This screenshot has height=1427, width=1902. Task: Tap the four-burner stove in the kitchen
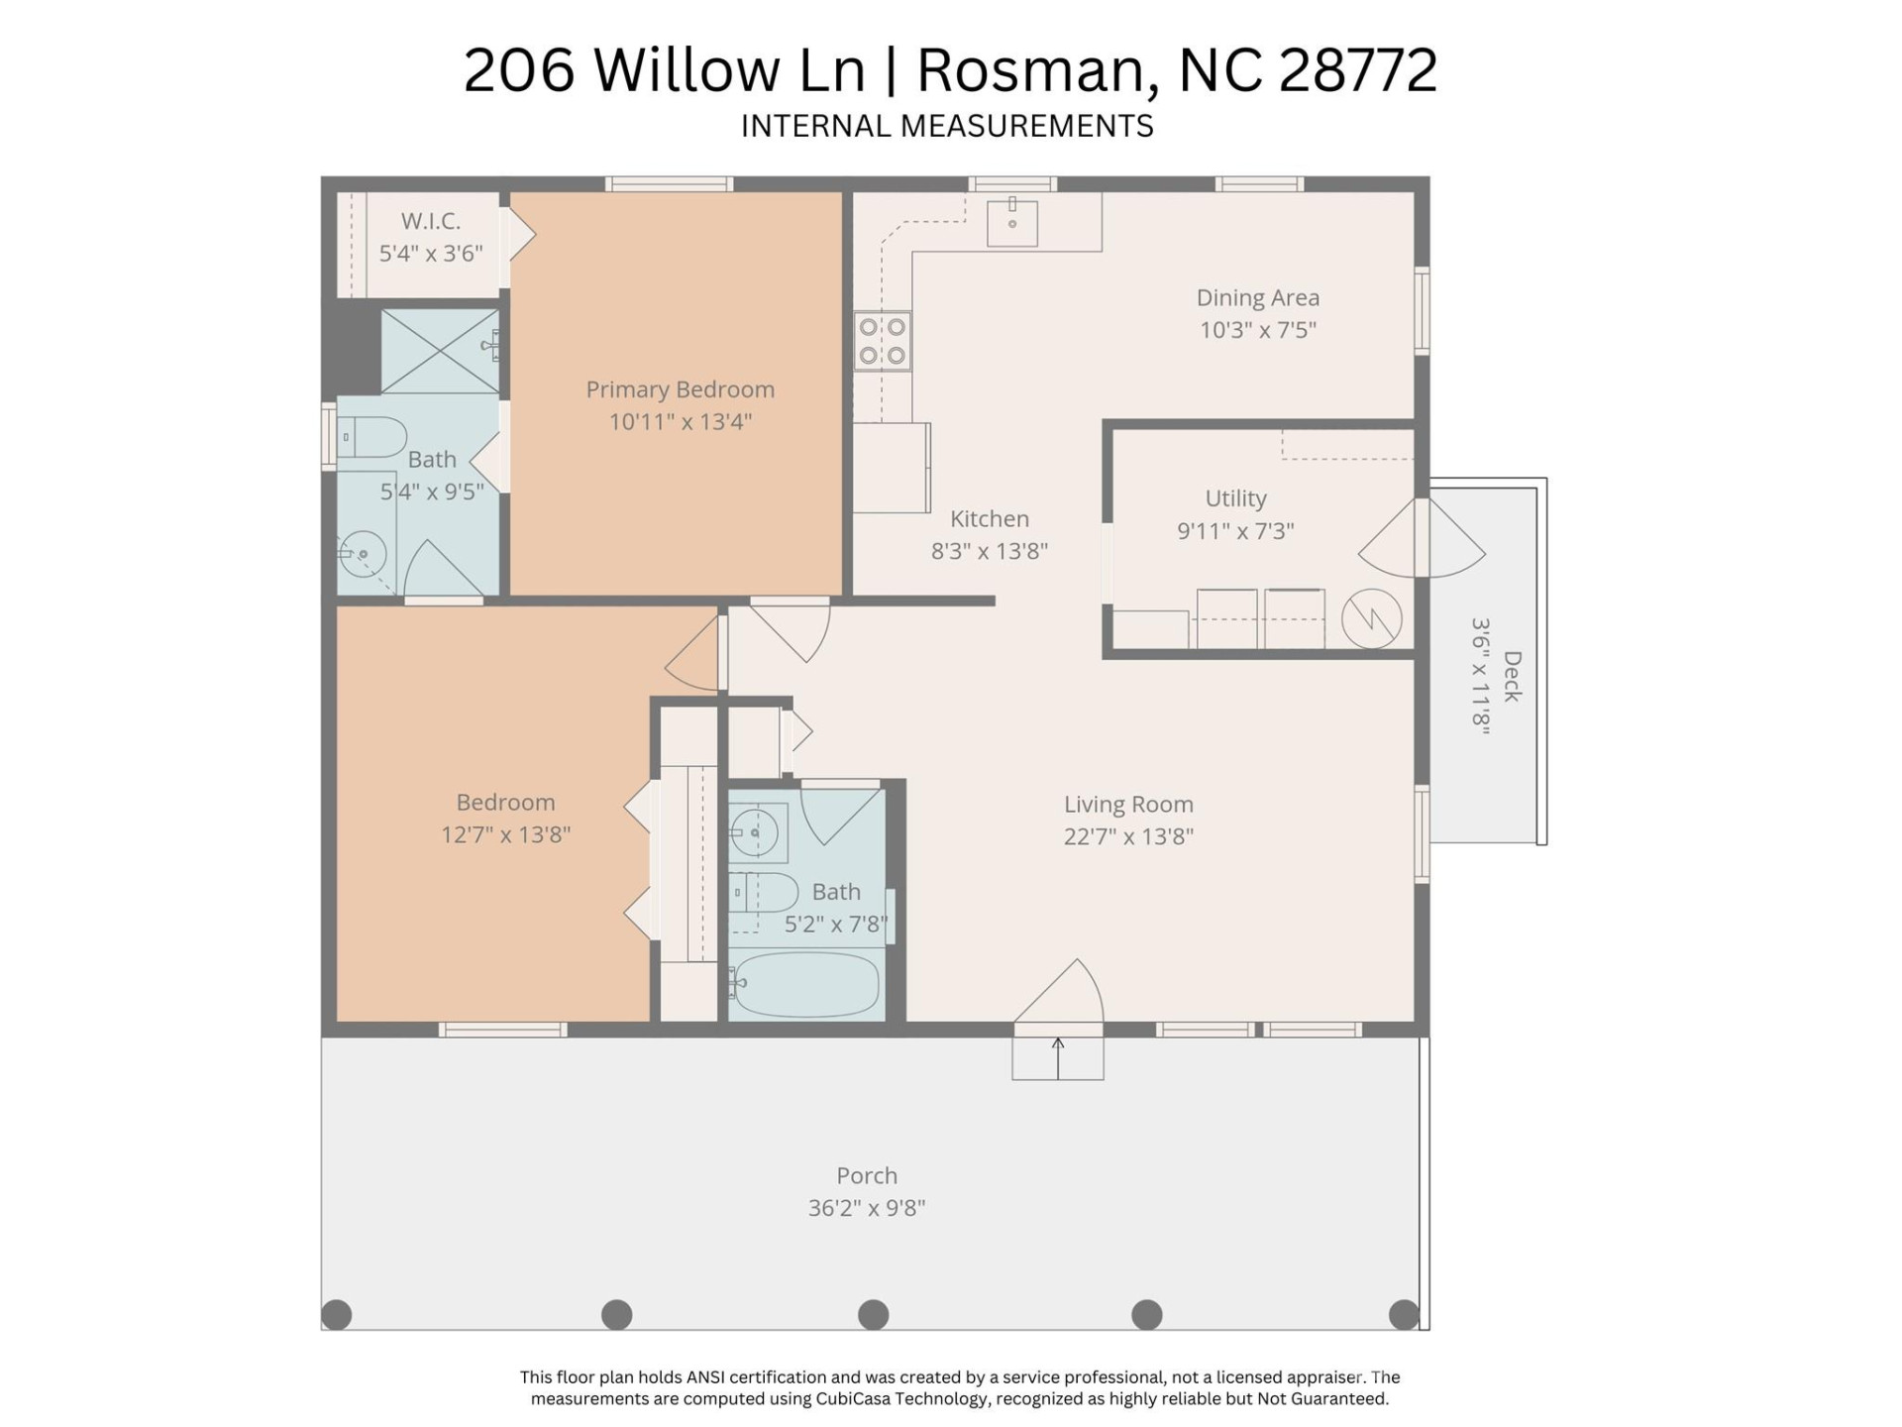[x=882, y=341]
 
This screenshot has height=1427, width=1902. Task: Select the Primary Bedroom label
[x=680, y=389]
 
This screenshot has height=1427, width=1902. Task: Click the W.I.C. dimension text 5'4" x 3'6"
[x=431, y=254]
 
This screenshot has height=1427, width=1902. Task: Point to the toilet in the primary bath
[x=373, y=437]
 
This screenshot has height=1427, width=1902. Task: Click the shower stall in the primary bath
[x=439, y=351]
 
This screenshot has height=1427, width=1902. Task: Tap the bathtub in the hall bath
[x=806, y=984]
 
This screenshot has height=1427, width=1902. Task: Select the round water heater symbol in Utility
[x=1371, y=619]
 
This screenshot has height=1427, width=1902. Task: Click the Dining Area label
[x=1257, y=297]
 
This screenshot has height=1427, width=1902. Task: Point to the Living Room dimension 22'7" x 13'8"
[x=1128, y=836]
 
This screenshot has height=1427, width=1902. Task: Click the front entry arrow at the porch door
[x=1057, y=1057]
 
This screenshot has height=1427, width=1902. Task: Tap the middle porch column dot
[x=873, y=1314]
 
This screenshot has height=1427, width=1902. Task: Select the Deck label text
[x=1512, y=676]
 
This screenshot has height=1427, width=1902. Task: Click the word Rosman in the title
[x=1038, y=70]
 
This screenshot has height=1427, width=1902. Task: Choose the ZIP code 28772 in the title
[x=1357, y=70]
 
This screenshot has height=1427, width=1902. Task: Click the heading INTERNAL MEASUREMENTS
[x=947, y=127]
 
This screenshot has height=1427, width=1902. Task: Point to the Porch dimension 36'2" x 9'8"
[x=867, y=1208]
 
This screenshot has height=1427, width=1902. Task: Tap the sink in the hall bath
[x=758, y=832]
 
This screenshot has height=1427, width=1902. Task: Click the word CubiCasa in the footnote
[x=858, y=1399]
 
